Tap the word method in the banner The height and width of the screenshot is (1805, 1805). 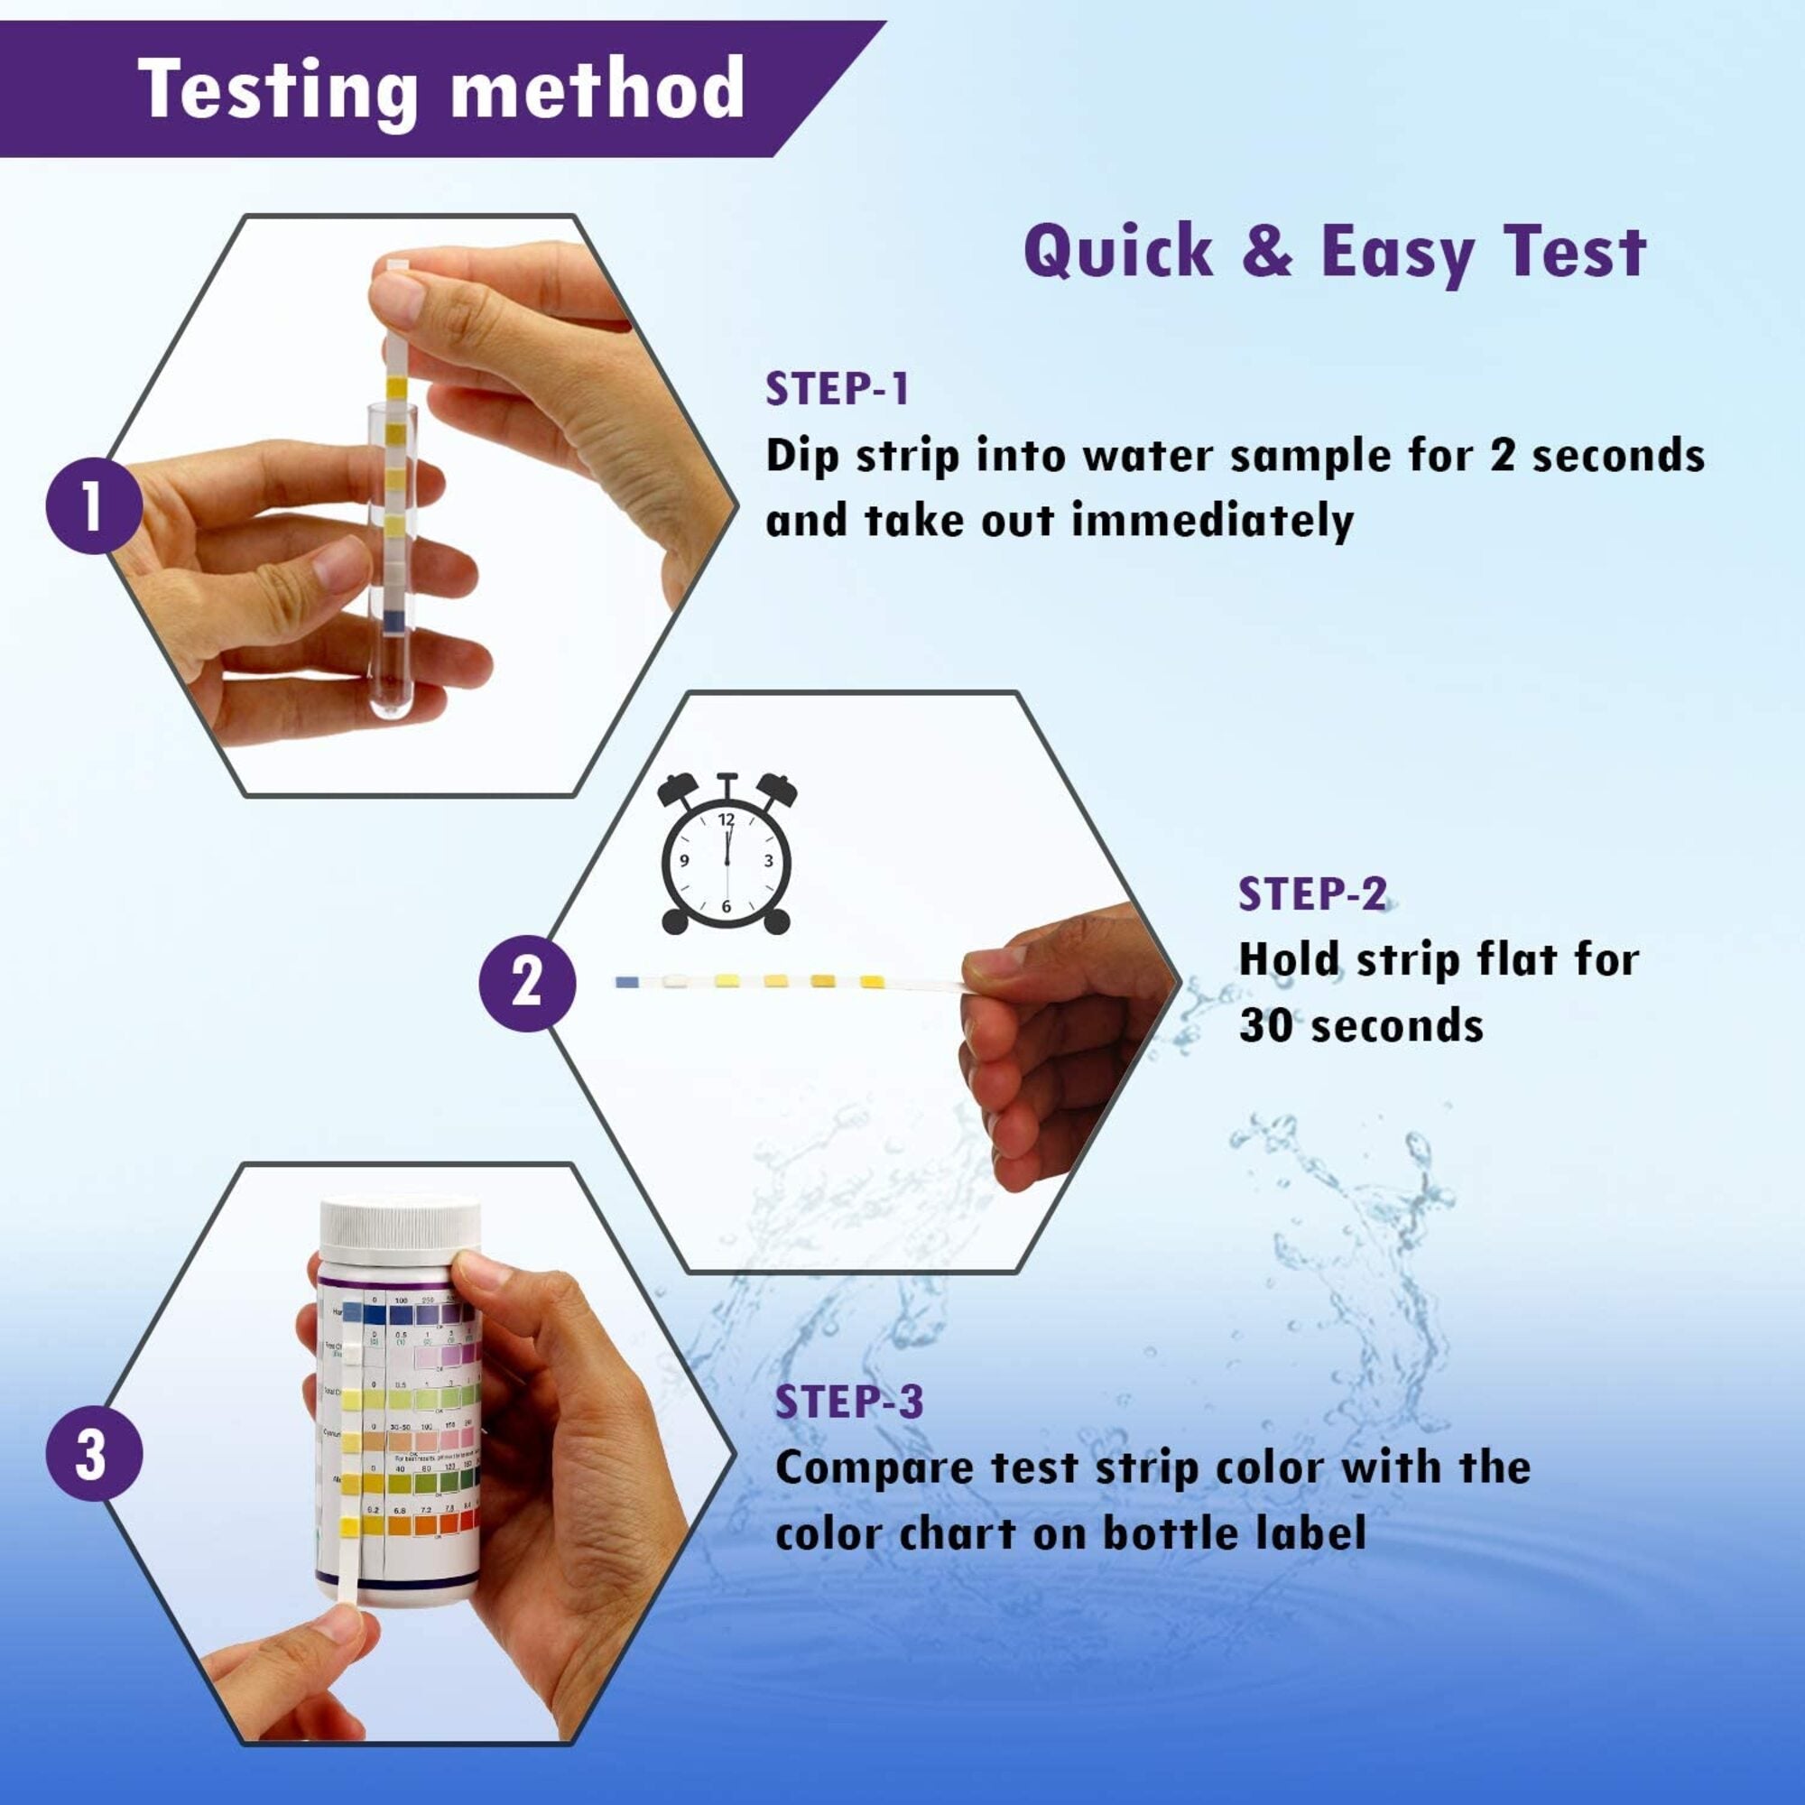coord(598,88)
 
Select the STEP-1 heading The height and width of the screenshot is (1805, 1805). coord(838,390)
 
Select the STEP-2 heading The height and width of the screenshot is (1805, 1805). coord(1312,894)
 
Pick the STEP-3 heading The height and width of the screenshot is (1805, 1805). coord(849,1402)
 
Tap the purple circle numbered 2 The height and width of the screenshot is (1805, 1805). coord(527,982)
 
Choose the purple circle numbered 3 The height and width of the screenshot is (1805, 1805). coord(94,1455)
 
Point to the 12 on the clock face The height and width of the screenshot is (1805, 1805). coord(727,819)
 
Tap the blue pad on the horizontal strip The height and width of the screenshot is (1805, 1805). coord(627,981)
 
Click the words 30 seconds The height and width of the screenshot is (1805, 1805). coord(1361,1026)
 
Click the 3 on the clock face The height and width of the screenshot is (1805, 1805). coord(768,861)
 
